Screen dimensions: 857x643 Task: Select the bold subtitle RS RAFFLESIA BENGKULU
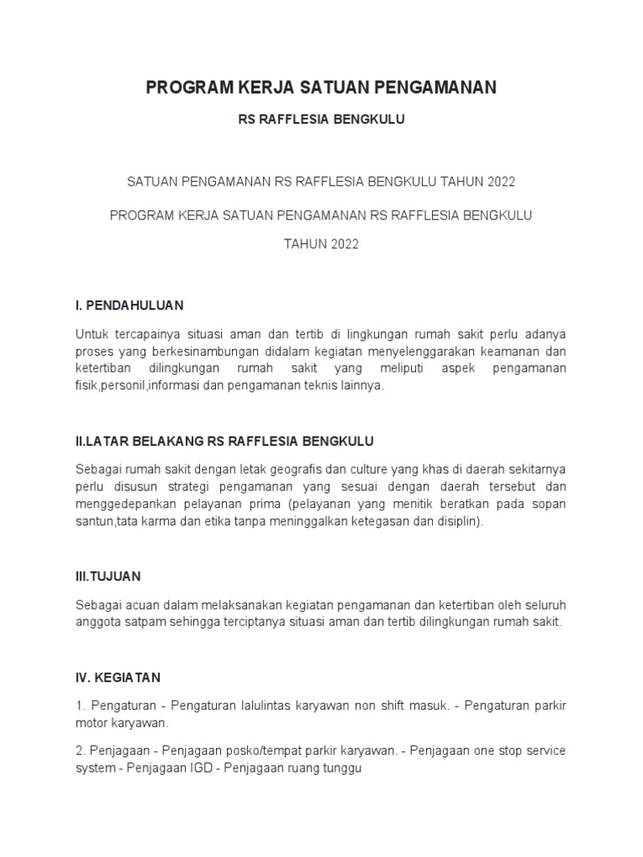coord(321,120)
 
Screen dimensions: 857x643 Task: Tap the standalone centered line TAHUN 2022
coord(321,244)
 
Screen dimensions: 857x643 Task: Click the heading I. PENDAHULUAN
coord(129,305)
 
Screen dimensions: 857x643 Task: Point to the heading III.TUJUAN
coord(108,576)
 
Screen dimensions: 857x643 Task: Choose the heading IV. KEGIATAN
coord(117,676)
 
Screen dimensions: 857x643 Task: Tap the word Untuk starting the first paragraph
coord(92,333)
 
